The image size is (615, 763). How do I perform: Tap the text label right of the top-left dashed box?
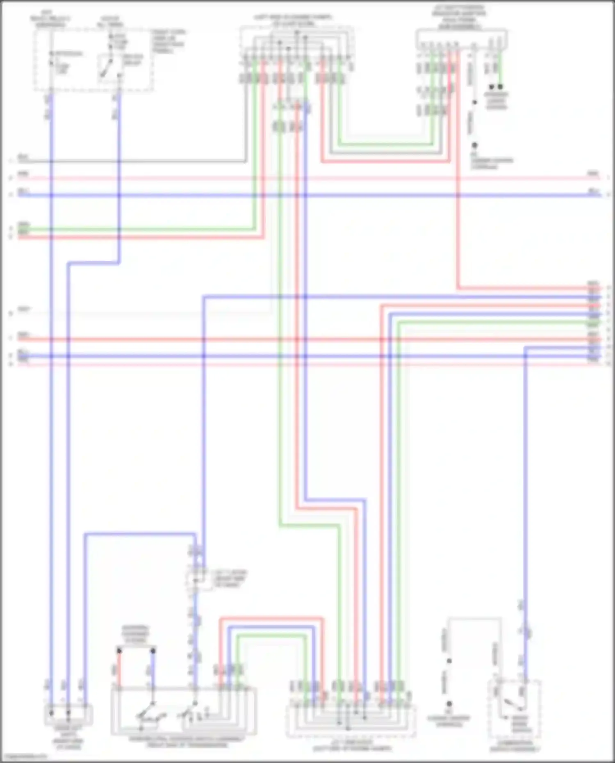click(169, 41)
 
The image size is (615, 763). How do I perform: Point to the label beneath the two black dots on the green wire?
click(497, 100)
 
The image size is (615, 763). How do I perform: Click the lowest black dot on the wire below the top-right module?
click(474, 145)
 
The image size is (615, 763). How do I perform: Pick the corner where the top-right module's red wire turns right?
click(458, 288)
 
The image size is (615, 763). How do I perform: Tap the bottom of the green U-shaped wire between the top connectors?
click(385, 144)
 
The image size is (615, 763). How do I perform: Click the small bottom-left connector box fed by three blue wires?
click(68, 715)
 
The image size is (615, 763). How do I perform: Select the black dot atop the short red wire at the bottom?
click(119, 651)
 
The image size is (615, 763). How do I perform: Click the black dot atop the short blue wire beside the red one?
click(153, 651)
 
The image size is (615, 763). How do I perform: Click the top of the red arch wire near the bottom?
click(271, 618)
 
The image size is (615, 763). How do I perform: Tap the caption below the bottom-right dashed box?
click(515, 746)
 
